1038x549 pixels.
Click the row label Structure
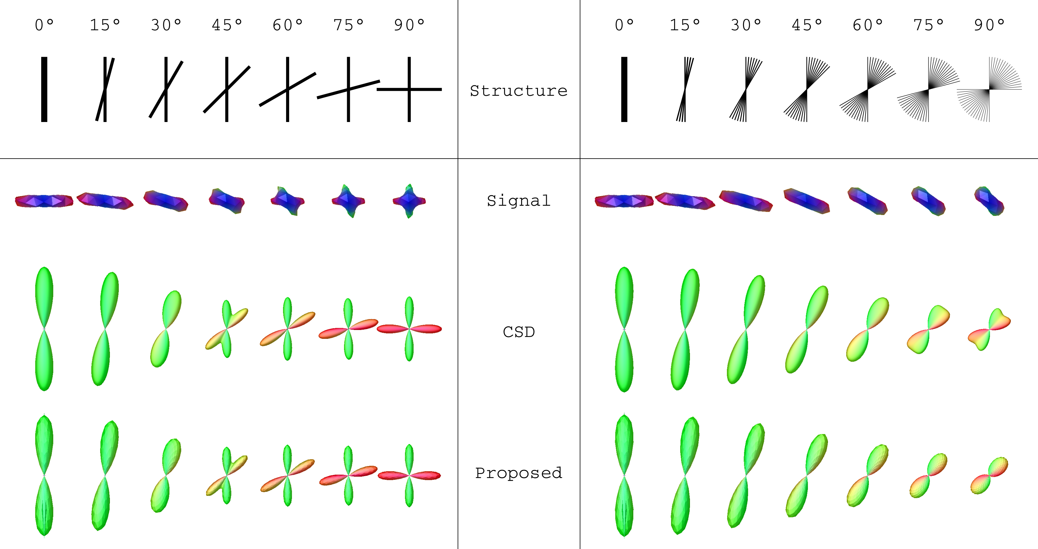pyautogui.click(x=519, y=91)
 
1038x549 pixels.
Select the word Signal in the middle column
pyautogui.click(x=519, y=200)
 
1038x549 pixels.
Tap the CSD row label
pyautogui.click(x=519, y=332)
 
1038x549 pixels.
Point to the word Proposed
pyautogui.click(x=519, y=473)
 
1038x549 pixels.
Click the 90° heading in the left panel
pyautogui.click(x=409, y=25)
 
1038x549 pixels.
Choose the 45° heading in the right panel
pyautogui.click(x=807, y=25)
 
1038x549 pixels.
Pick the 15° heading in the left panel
pyautogui.click(x=105, y=25)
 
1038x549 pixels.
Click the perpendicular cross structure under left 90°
pyautogui.click(x=409, y=89)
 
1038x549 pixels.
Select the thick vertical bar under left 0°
pyautogui.click(x=44, y=89)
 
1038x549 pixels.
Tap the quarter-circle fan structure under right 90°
pyautogui.click(x=989, y=89)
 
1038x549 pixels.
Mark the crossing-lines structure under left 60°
pyautogui.click(x=287, y=89)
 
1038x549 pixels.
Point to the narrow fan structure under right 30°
pyautogui.click(x=746, y=89)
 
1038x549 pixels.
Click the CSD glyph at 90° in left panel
pyautogui.click(x=409, y=329)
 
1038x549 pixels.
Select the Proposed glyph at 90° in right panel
pyautogui.click(x=989, y=475)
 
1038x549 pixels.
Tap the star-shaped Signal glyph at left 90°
pyautogui.click(x=409, y=201)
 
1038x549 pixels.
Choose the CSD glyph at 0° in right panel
pyautogui.click(x=624, y=329)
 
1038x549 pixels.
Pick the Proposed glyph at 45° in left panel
pyautogui.click(x=227, y=475)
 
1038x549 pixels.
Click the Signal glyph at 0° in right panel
pyautogui.click(x=624, y=201)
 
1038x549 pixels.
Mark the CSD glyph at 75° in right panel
pyautogui.click(x=928, y=329)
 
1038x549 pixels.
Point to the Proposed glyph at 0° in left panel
pyautogui.click(x=44, y=475)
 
